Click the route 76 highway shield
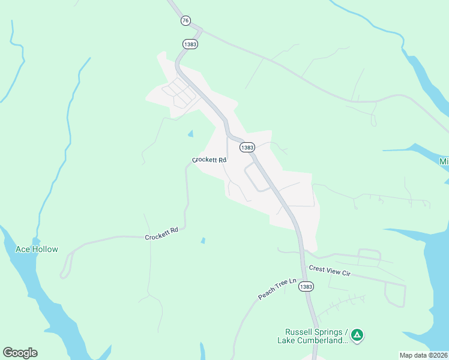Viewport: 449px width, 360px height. coord(185,20)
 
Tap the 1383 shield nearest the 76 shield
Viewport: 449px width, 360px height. coord(190,44)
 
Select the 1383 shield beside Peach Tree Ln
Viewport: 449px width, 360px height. coord(306,287)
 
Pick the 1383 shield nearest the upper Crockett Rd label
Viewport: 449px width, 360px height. coord(247,147)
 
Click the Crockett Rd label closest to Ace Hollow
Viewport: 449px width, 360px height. coord(162,233)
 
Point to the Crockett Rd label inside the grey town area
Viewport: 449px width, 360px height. coord(209,160)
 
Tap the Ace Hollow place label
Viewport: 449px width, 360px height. coord(37,249)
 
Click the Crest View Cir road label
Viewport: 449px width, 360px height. coord(329,271)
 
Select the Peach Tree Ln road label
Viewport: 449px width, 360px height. coord(277,289)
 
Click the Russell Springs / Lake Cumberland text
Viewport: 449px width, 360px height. coord(316,336)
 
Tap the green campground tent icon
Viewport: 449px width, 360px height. coord(357,335)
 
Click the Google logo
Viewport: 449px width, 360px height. coord(20,352)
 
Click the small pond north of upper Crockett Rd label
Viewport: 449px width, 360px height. coord(191,134)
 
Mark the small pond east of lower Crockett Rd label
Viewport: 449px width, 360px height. coord(203,241)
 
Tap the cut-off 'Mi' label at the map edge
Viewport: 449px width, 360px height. coord(444,162)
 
